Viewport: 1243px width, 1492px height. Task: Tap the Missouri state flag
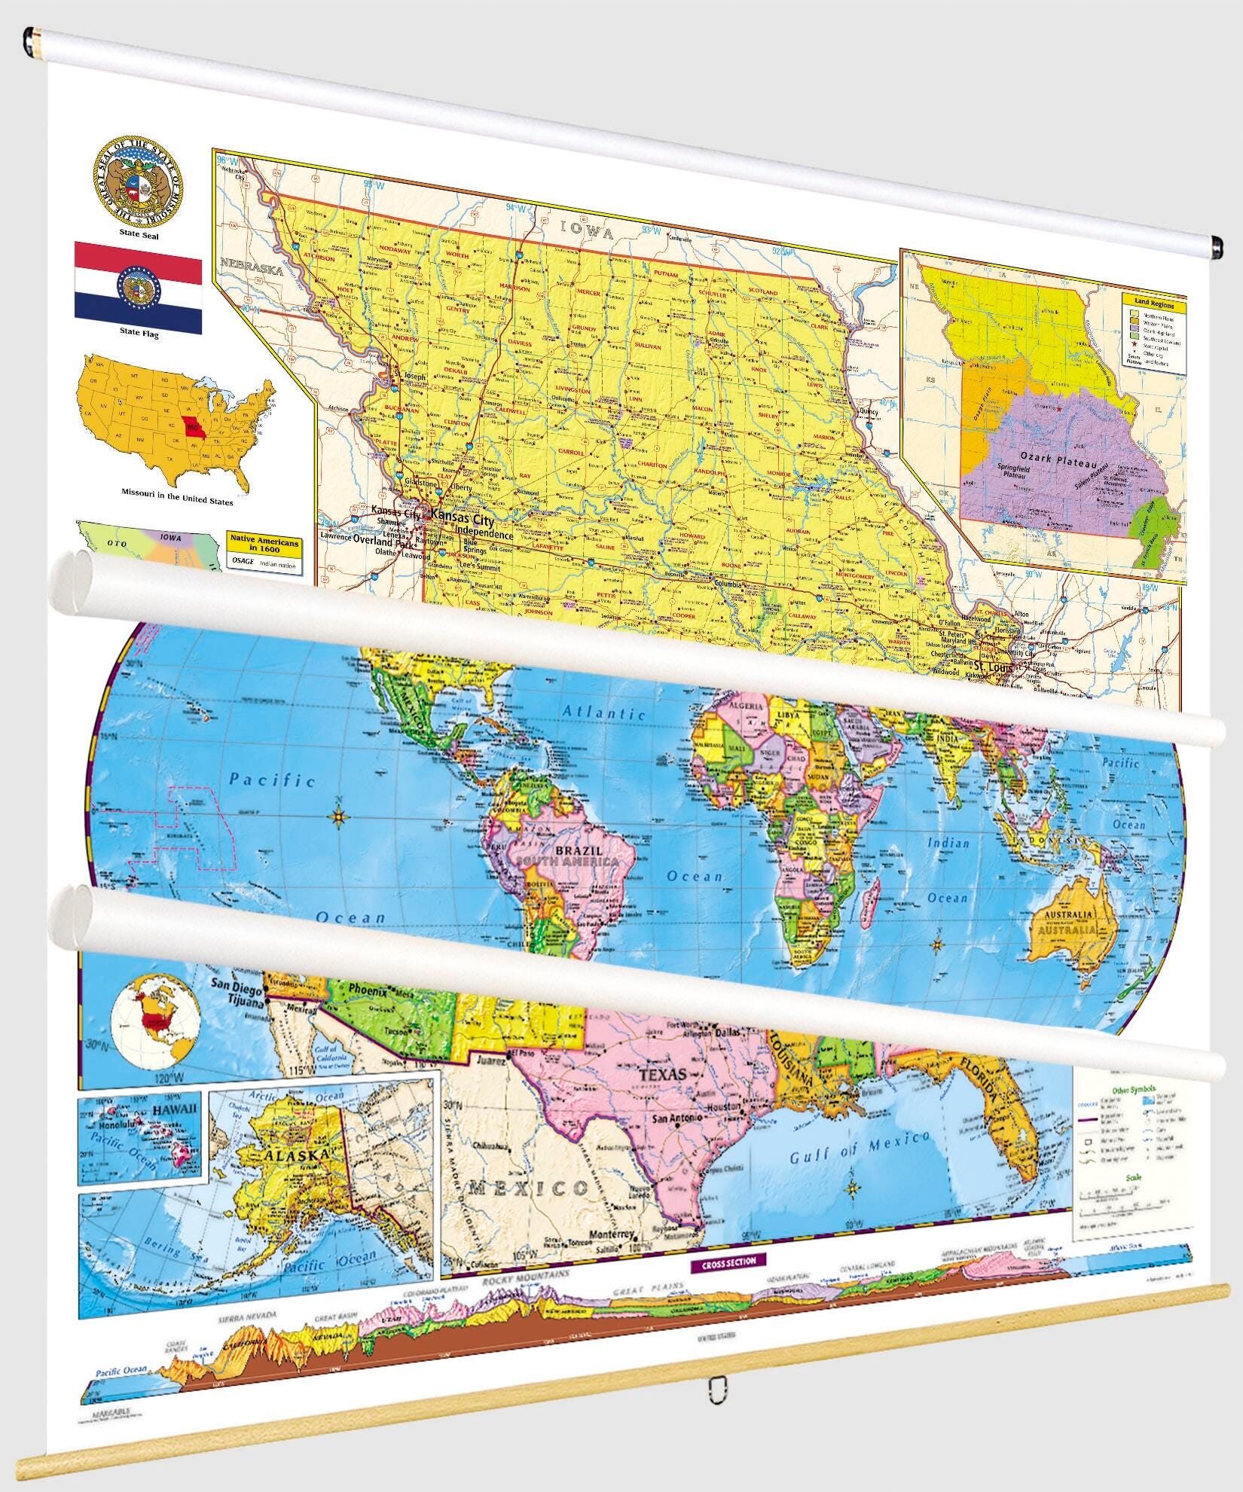point(138,288)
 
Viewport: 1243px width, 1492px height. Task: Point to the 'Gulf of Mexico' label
point(859,1146)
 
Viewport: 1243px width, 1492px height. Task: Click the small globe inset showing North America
point(154,1021)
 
